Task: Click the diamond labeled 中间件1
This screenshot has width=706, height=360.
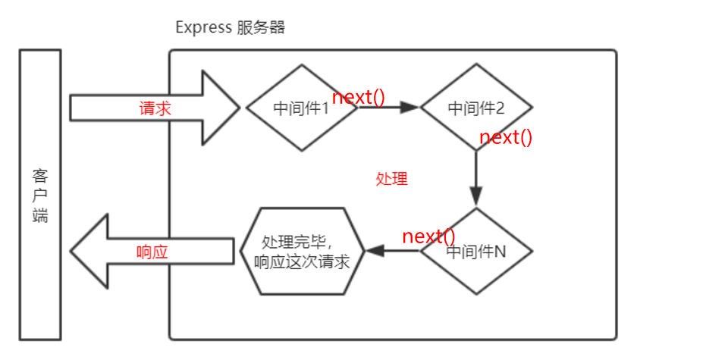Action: (301, 108)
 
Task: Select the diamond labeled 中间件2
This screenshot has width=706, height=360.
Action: (476, 108)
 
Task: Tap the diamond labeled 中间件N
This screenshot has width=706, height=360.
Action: (476, 252)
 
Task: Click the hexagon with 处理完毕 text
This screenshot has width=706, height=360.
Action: (303, 251)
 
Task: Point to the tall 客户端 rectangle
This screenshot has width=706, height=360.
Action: (40, 194)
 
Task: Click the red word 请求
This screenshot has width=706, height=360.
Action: (155, 108)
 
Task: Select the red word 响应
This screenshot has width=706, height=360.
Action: (152, 252)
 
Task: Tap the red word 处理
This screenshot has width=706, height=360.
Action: (392, 179)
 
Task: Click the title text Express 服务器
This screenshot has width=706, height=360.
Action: (230, 27)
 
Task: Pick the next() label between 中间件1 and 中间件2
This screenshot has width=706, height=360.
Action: (359, 97)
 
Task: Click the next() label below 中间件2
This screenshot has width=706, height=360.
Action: (506, 137)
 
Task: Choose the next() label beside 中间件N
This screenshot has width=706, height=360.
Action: (428, 236)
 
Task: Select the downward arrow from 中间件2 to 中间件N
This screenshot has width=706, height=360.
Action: (476, 178)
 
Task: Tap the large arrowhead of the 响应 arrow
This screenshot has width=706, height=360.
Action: (89, 251)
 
